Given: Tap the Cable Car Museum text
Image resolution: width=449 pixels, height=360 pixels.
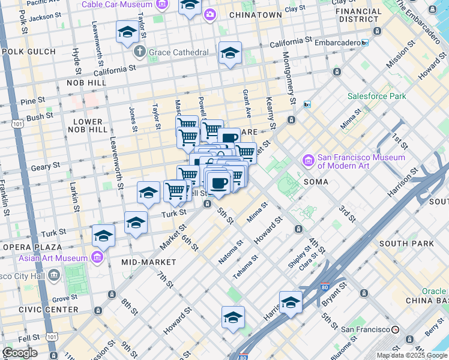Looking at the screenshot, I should (x=117, y=5).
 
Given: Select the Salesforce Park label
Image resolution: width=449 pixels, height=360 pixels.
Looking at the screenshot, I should (x=376, y=96).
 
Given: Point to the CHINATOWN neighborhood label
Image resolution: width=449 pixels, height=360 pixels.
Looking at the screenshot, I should (x=256, y=14).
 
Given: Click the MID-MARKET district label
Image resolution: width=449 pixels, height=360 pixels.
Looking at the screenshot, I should (x=149, y=262).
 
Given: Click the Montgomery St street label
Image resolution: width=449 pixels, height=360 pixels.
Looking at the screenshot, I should (x=290, y=78).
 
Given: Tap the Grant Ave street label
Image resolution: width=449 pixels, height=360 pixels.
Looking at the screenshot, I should (x=246, y=104).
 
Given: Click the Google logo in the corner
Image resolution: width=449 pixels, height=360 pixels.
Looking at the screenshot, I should (x=19, y=353).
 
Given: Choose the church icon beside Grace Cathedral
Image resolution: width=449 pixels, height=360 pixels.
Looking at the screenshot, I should (x=140, y=52).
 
